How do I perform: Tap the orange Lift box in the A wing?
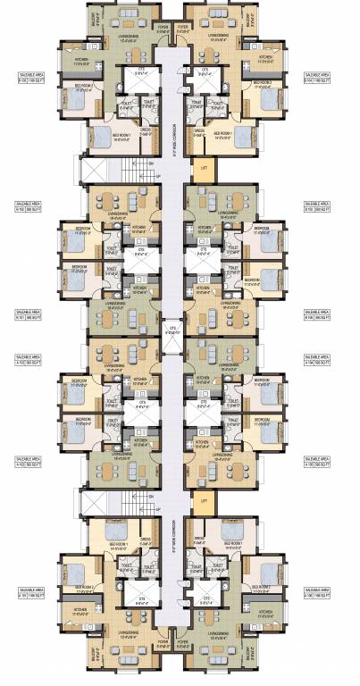tap(205, 502)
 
